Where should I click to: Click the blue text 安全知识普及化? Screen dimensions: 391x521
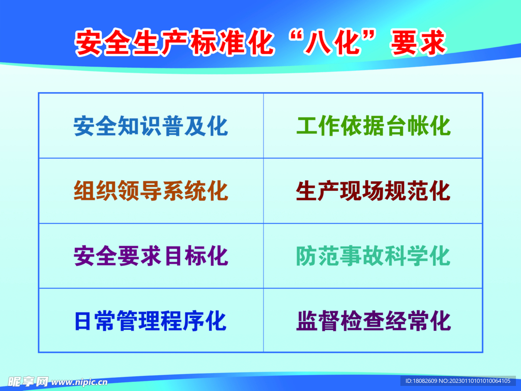tap(151, 126)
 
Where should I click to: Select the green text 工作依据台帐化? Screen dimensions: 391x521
tap(373, 126)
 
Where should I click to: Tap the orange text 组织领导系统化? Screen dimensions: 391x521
tap(151, 191)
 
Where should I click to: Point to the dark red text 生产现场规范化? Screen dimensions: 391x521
tap(373, 191)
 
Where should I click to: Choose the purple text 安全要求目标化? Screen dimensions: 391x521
tap(151, 256)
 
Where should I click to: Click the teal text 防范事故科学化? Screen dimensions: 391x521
tap(373, 256)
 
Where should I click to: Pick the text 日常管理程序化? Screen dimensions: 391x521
tap(151, 321)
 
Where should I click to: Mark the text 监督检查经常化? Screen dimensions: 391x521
tap(373, 321)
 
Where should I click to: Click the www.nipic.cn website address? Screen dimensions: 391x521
tap(79, 381)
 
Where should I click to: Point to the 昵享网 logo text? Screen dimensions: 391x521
tap(28, 381)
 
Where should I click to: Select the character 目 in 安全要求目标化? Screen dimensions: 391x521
tap(172, 256)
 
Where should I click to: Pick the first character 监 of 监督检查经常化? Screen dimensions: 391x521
tap(307, 321)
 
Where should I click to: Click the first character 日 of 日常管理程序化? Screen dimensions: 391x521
tap(84, 321)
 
